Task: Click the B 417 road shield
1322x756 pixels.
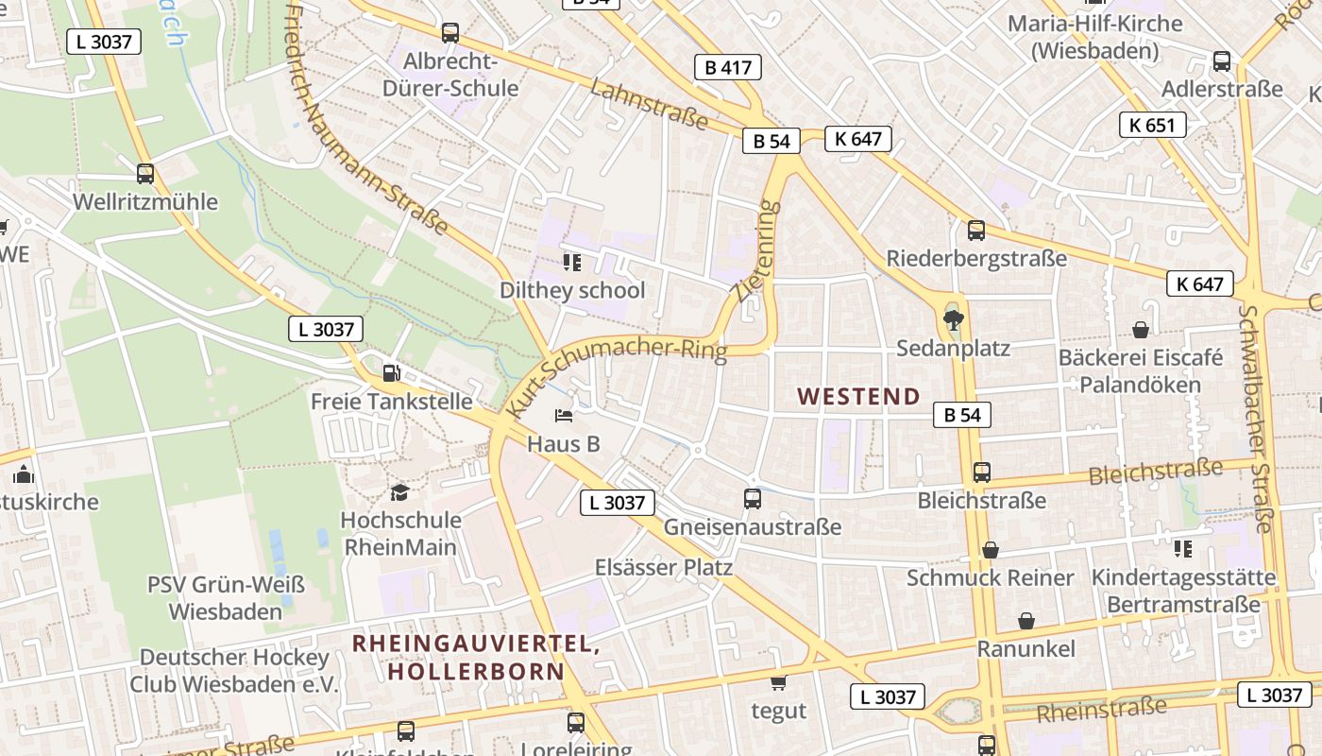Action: pyautogui.click(x=727, y=67)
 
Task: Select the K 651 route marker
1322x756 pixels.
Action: pyautogui.click(x=1152, y=125)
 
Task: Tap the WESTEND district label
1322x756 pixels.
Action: pyautogui.click(x=858, y=397)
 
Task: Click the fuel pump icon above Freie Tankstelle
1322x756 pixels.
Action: pyautogui.click(x=391, y=372)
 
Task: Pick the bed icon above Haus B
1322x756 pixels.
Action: pyautogui.click(x=564, y=415)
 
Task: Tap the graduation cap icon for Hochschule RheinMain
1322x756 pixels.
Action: pyautogui.click(x=400, y=492)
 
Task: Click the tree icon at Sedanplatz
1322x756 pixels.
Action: pyautogui.click(x=953, y=318)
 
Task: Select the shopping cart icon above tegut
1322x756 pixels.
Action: pyautogui.click(x=778, y=682)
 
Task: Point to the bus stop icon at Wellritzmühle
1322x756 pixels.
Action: pyautogui.click(x=145, y=174)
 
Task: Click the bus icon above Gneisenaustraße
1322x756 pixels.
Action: pyautogui.click(x=753, y=498)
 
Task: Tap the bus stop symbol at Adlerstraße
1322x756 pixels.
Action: pyautogui.click(x=1222, y=61)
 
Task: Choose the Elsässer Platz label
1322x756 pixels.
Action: pyautogui.click(x=663, y=567)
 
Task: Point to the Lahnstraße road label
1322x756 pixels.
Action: pyautogui.click(x=650, y=104)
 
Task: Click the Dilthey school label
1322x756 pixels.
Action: pyautogui.click(x=572, y=290)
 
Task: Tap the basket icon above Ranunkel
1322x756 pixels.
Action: pyautogui.click(x=1026, y=621)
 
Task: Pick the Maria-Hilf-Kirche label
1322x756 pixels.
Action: pyautogui.click(x=1095, y=36)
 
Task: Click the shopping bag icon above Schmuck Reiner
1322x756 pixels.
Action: pyautogui.click(x=991, y=550)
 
